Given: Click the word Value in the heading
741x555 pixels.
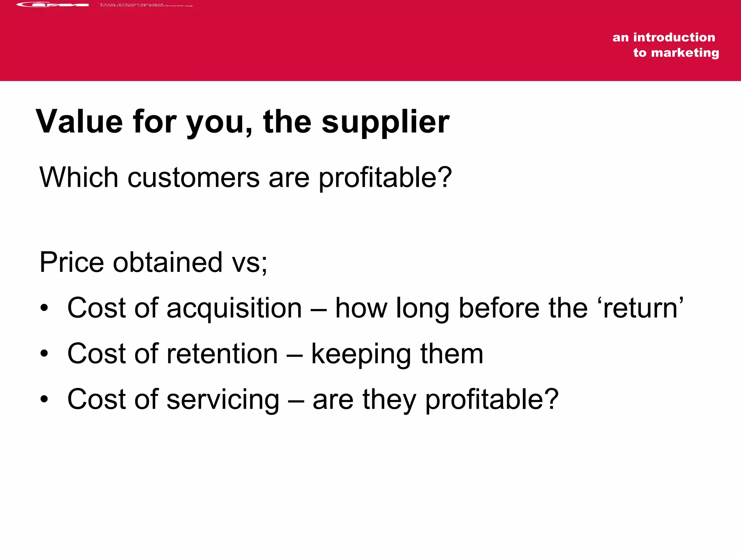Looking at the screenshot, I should point(79,122).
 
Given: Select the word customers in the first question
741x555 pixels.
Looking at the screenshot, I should point(193,178).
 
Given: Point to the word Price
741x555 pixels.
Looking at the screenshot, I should point(71,262).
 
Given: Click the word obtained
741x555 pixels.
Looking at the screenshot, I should point(168,262).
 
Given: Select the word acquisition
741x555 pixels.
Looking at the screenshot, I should point(234,308).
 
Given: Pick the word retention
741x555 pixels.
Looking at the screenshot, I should point(222,354).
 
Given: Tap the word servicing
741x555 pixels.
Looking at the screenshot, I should point(223,400).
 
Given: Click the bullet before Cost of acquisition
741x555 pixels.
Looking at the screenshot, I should point(44,308).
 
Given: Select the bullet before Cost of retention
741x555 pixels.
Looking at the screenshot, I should point(44,354).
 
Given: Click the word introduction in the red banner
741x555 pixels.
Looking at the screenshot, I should point(674,37).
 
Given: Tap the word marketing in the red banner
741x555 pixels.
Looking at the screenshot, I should point(685,53).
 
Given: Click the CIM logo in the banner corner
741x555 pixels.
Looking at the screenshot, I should point(52,5).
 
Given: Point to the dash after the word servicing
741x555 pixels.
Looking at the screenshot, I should point(296,400).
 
